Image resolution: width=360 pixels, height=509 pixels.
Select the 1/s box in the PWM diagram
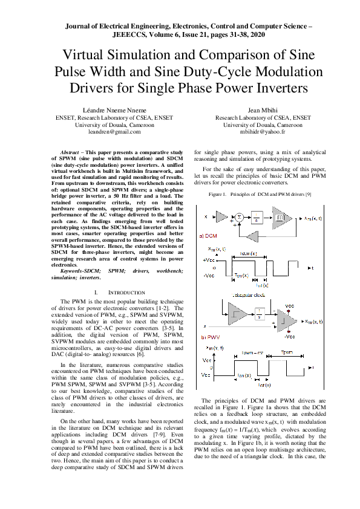pyautogui.click(x=258, y=314)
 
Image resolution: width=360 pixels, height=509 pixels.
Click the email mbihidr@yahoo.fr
pyautogui.click(x=263, y=131)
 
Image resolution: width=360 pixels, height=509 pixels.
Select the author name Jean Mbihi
pyautogui.click(x=263, y=111)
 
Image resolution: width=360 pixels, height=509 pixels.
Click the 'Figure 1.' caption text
pyautogui.click(x=218, y=195)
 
